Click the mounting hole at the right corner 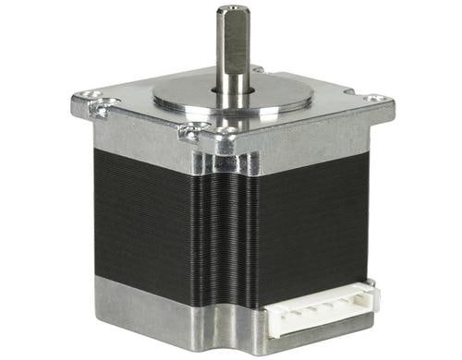[x=372, y=98]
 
